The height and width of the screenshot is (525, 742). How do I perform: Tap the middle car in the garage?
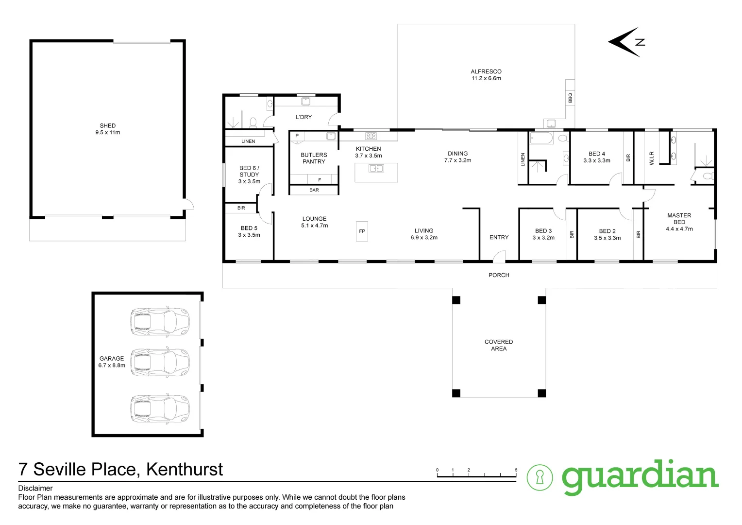tap(160, 363)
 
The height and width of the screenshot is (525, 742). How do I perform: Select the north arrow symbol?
tap(627, 42)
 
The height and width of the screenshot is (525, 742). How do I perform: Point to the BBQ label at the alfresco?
tap(571, 98)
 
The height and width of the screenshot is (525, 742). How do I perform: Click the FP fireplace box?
tap(362, 231)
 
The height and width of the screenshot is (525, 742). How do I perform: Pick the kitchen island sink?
tap(376, 169)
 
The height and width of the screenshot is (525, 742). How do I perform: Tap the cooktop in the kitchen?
tap(371, 136)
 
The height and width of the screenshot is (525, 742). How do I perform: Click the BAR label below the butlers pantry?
tap(314, 190)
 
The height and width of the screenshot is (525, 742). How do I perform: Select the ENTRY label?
tap(499, 237)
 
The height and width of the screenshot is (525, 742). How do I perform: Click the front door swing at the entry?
tap(499, 256)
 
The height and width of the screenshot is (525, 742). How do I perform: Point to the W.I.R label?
tap(652, 158)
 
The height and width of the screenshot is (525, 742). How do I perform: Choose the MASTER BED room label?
tap(679, 219)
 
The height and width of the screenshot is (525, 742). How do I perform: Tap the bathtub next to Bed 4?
tap(541, 138)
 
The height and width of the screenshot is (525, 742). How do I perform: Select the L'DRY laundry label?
tap(304, 117)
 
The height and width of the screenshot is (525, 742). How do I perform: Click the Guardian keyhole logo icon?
tap(540, 477)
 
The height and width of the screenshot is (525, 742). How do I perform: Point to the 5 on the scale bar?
tap(516, 470)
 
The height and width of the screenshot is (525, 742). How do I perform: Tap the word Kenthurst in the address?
tap(185, 470)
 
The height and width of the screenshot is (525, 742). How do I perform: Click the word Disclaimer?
tap(35, 488)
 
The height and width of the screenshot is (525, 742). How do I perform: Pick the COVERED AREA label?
tap(499, 345)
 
